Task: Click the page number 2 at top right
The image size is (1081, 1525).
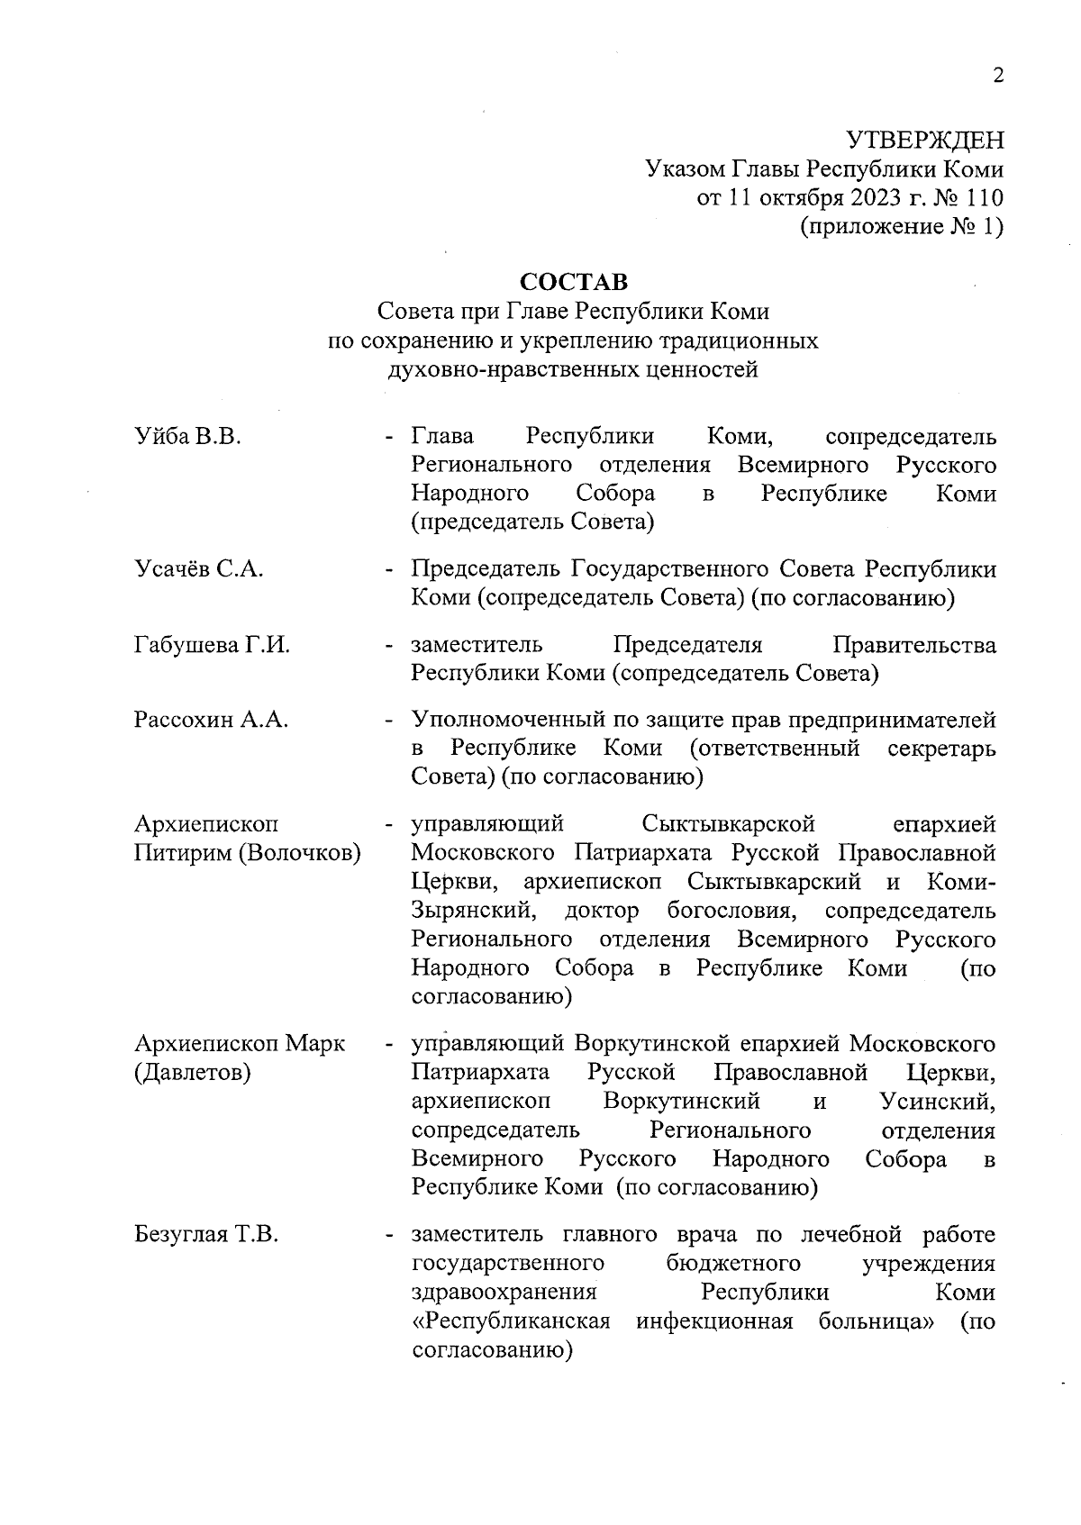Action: tap(997, 76)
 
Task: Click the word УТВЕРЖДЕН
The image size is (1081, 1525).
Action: tap(924, 141)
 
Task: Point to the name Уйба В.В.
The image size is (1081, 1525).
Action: tap(188, 438)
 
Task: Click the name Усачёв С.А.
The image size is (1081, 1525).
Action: tap(198, 569)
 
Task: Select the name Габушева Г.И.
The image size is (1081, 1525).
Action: tap(212, 645)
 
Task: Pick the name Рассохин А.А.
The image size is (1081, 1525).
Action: tap(211, 720)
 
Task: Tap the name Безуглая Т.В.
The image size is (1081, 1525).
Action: tap(206, 1234)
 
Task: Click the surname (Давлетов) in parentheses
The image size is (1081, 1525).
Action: tap(193, 1073)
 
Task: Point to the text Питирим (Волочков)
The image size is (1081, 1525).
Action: tap(248, 852)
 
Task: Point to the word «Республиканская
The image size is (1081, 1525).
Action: tap(511, 1321)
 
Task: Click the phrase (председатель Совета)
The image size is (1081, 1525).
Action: tap(532, 522)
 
